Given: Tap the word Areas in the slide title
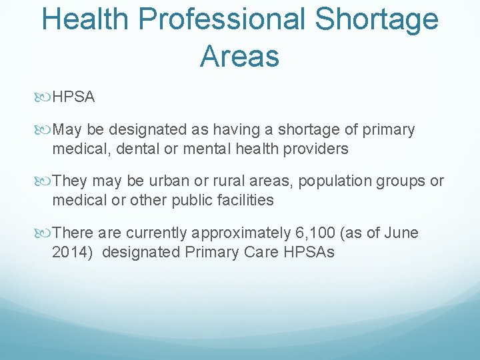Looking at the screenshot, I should tap(239, 57).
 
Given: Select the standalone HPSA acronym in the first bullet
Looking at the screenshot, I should tap(73, 97).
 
